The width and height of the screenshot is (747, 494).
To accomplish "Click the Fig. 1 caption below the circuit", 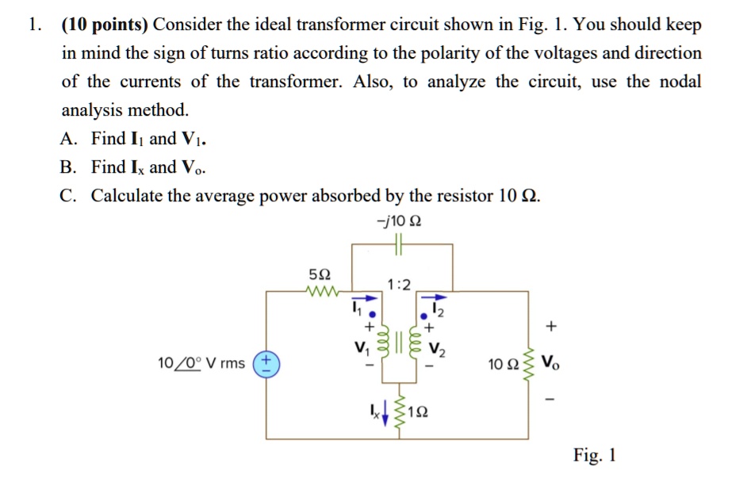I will tap(595, 455).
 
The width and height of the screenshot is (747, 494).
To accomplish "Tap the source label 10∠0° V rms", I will tap(201, 364).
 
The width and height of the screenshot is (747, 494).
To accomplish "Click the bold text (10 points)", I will tap(105, 25).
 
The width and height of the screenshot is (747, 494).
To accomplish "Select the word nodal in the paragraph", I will tap(675, 82).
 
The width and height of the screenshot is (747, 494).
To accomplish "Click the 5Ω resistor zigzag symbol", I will tap(320, 290).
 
